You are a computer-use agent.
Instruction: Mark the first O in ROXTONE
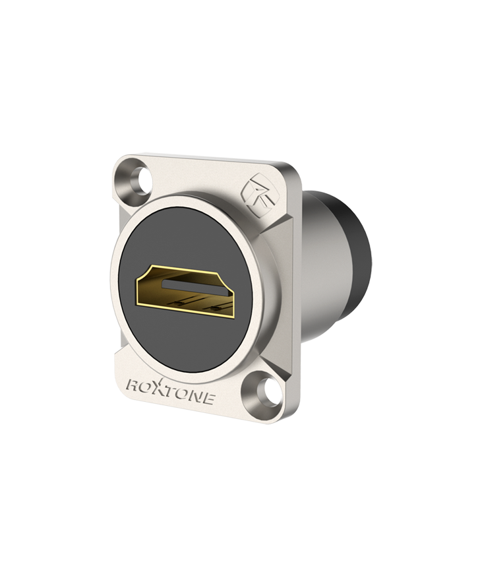[148, 387]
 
